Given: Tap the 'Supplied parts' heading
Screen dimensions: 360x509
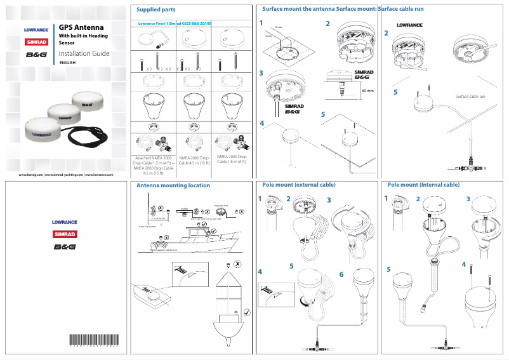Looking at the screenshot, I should [156, 9].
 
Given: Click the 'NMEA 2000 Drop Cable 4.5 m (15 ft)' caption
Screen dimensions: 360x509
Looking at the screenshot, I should [193, 161].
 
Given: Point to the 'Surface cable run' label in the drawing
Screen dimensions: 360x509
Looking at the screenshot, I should [470, 96].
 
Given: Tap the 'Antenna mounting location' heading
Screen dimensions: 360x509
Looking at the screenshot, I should [173, 185].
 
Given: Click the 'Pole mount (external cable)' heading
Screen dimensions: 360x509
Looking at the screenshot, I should [299, 185].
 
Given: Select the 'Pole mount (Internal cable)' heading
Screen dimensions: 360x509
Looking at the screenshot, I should [423, 185].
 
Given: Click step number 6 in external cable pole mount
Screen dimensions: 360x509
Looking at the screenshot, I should [341, 274].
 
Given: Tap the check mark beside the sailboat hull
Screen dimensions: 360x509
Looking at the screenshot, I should [246, 311].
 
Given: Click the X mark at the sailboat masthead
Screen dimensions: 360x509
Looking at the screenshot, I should [237, 263].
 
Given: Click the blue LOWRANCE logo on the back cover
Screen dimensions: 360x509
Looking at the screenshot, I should [65, 222].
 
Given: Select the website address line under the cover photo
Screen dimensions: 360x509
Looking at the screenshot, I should [66, 174].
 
